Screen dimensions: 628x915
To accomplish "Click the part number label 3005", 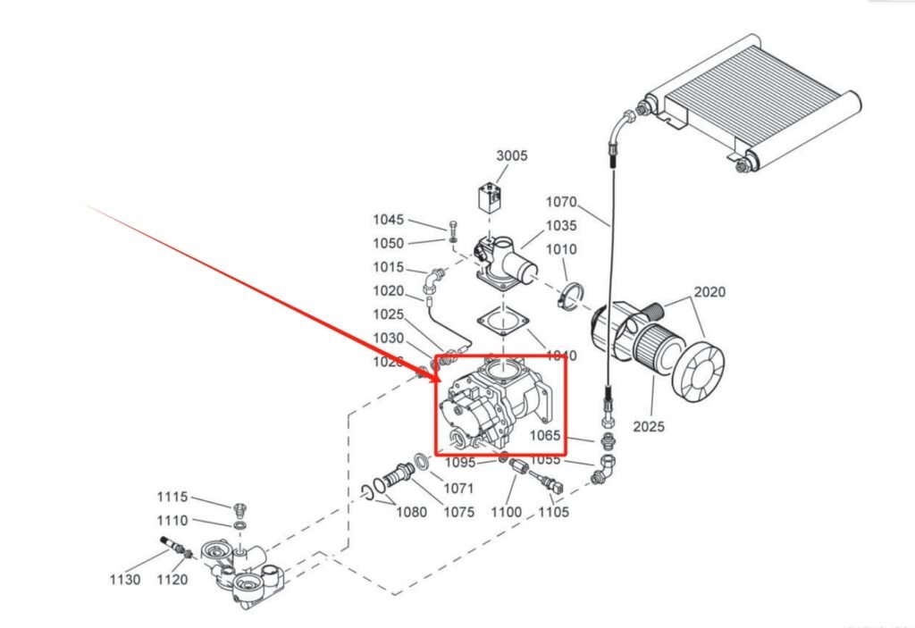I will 512,155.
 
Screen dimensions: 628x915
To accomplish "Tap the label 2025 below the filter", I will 649,427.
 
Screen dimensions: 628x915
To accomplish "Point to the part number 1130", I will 125,580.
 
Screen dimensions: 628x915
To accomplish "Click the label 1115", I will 172,498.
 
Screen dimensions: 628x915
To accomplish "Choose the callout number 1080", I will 412,513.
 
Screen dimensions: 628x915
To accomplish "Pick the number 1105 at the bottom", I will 553,513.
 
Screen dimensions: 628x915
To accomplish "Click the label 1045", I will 388,220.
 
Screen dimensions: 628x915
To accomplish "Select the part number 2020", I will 709,292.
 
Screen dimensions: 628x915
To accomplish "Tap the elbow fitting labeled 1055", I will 604,469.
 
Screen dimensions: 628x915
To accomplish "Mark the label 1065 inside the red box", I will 545,436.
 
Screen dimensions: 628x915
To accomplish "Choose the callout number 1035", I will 562,226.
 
